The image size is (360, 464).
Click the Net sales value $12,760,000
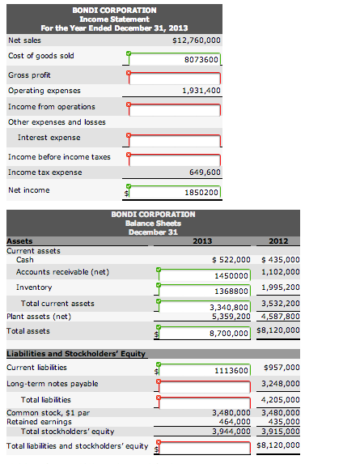click(197, 40)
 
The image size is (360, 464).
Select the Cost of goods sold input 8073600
click(174, 59)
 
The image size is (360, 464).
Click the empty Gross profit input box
click(174, 78)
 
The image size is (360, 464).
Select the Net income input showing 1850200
click(174, 192)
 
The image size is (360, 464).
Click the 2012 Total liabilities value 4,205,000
click(281, 399)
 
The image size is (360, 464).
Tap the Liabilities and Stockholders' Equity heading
click(65, 353)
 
